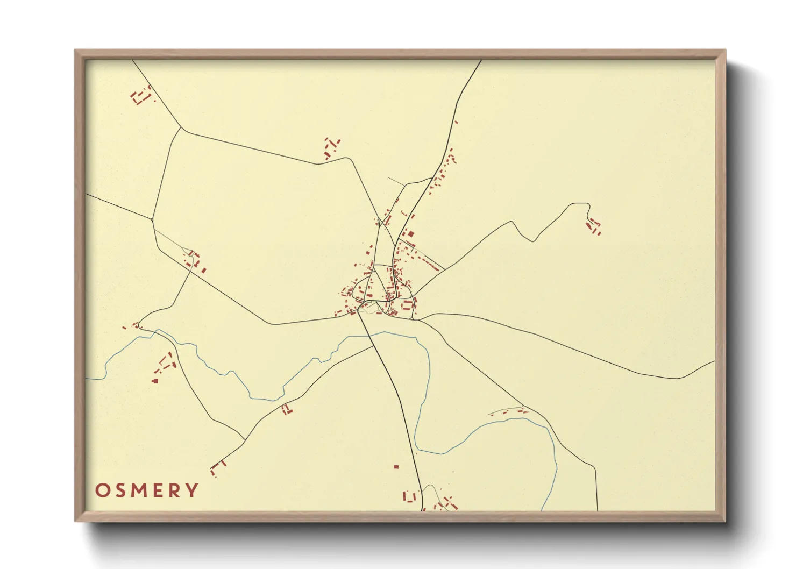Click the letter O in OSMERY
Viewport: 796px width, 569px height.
pyautogui.click(x=103, y=490)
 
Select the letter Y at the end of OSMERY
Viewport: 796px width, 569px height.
pyautogui.click(x=191, y=490)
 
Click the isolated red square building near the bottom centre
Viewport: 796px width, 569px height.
pyautogui.click(x=396, y=467)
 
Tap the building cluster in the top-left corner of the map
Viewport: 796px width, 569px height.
pyautogui.click(x=141, y=96)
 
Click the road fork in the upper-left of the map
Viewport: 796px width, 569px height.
pyautogui.click(x=181, y=128)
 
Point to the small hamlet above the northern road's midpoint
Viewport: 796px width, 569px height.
pyautogui.click(x=331, y=148)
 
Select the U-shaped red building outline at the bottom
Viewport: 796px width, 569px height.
pyautogui.click(x=410, y=496)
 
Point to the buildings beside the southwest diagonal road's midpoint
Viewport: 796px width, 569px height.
pyautogui.click(x=286, y=410)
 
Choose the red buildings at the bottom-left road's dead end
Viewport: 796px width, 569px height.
pyautogui.click(x=217, y=467)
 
